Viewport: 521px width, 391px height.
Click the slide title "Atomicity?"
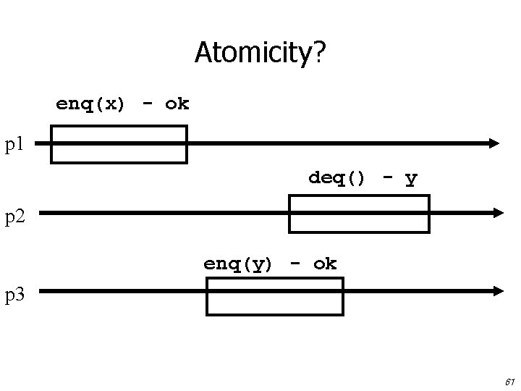click(260, 53)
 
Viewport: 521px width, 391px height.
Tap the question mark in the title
click(319, 53)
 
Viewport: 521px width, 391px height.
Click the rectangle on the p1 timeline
click(119, 144)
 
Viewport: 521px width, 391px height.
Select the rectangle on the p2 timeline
click(359, 214)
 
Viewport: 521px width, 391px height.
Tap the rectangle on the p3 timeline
click(274, 296)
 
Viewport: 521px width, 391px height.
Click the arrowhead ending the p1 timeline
click(494, 143)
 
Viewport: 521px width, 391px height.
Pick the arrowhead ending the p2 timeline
click(497, 213)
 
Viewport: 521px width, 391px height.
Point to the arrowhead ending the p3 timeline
click(497, 291)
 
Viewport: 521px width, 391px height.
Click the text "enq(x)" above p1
click(90, 104)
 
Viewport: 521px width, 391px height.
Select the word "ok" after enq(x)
click(177, 104)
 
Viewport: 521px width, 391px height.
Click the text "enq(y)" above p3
click(238, 264)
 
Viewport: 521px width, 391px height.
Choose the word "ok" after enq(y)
click(325, 264)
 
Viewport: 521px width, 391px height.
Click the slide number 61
click(509, 382)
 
